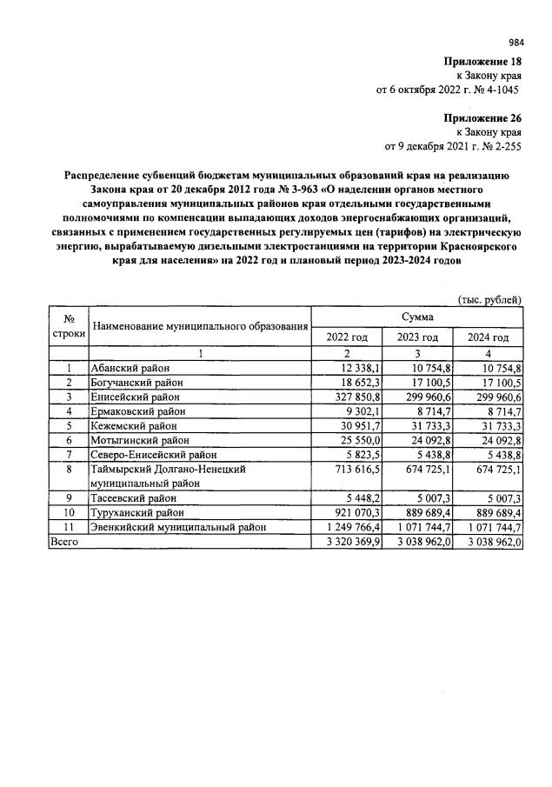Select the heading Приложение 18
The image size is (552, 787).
[x=482, y=62]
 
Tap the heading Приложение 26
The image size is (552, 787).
[x=482, y=118]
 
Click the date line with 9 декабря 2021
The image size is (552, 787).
[x=452, y=146]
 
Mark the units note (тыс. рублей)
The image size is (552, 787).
[x=489, y=300]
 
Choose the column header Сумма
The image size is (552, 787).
[x=416, y=318]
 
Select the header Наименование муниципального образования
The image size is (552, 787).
[x=202, y=327]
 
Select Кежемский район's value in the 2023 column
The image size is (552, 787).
[x=423, y=426]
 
